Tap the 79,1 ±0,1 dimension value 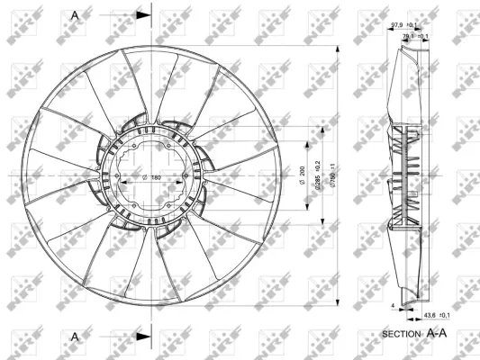pos(416,36)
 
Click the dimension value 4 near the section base pos(394,306)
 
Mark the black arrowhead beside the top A pos(143,15)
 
